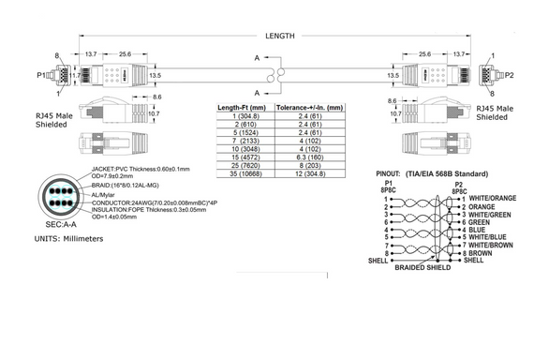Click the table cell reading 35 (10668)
click(239, 174)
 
